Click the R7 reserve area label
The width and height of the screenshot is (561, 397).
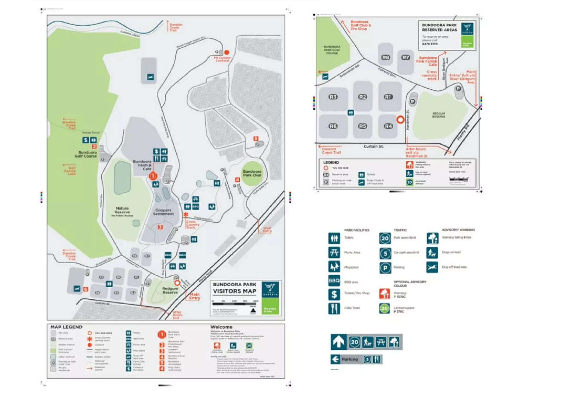point(405,58)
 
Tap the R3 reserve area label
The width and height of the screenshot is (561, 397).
point(333,97)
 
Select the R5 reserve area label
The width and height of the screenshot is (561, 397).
point(362,126)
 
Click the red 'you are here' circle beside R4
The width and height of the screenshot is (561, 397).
point(400,120)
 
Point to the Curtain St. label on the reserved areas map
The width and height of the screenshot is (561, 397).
point(373,146)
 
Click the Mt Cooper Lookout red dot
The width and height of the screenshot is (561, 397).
point(227,52)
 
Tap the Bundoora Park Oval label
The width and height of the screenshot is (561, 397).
point(252,173)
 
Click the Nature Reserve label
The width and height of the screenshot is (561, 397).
point(122,210)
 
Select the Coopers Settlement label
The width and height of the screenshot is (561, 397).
point(163,212)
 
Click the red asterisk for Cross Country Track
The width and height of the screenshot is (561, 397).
point(186,214)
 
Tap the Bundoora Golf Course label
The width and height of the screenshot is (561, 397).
point(86,154)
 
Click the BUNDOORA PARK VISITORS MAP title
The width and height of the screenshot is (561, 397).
point(234,288)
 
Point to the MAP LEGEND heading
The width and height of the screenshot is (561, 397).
point(66,327)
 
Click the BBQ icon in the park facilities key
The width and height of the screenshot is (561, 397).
point(334,281)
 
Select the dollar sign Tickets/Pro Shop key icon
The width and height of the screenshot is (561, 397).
point(334,294)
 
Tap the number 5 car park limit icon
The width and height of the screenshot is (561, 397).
point(385,253)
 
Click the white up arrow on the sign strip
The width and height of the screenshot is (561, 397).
point(339,342)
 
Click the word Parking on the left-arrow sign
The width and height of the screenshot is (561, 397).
point(350,359)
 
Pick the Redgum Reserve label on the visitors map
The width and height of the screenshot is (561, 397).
point(170,290)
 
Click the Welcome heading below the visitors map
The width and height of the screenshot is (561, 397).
point(221,327)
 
